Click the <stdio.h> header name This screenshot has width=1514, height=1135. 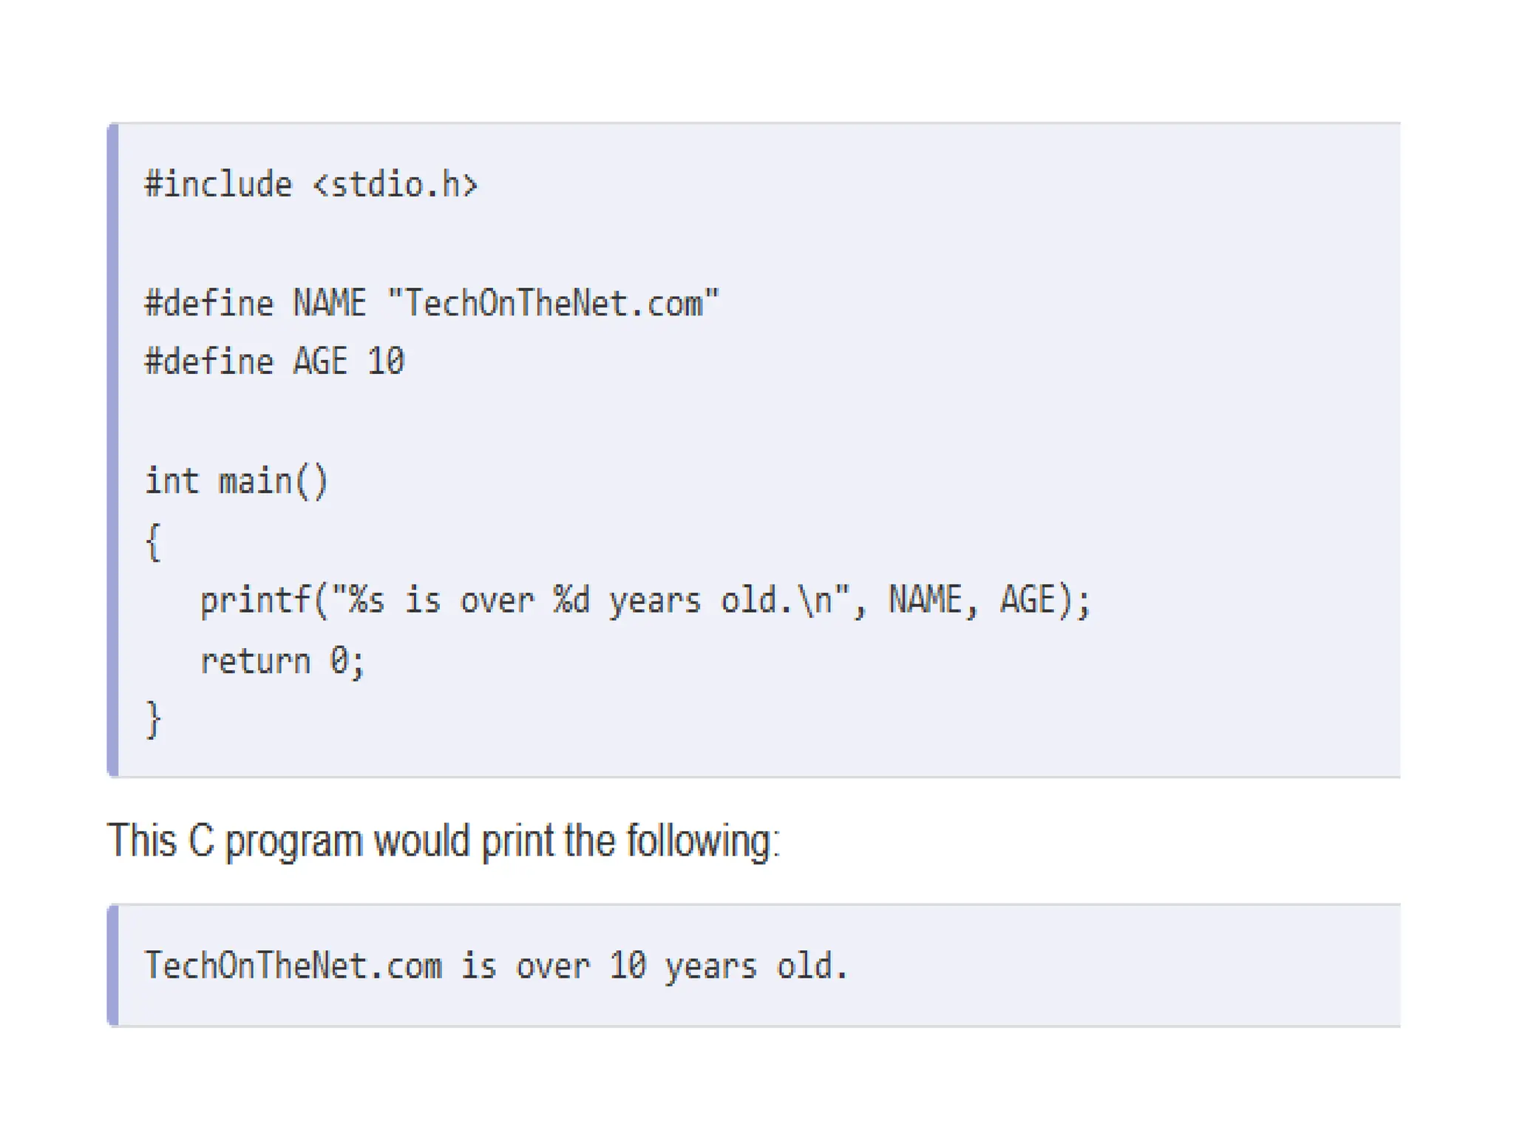tap(396, 185)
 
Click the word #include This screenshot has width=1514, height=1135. tap(219, 185)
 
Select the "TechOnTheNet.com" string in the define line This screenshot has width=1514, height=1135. tap(553, 304)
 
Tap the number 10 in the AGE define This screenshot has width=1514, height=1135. tap(386, 362)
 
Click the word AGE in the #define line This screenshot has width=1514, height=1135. tap(320, 362)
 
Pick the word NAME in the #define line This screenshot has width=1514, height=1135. tap(330, 304)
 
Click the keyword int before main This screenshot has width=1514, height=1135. tap(172, 481)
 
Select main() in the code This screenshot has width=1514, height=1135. tap(273, 482)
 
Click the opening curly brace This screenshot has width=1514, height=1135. tap(153, 542)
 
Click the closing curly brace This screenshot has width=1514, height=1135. tap(153, 720)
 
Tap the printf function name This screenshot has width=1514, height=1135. tap(255, 601)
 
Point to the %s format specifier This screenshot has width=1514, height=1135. tap(367, 600)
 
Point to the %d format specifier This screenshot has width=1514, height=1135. tap(571, 600)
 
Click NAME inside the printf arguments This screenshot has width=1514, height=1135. tap(924, 600)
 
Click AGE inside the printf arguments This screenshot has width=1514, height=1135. tap(1028, 600)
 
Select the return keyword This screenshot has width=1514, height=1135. tap(255, 661)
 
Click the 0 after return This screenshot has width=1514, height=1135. tap(339, 661)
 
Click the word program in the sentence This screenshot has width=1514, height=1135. tap(293, 842)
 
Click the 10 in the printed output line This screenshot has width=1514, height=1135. tap(628, 966)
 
